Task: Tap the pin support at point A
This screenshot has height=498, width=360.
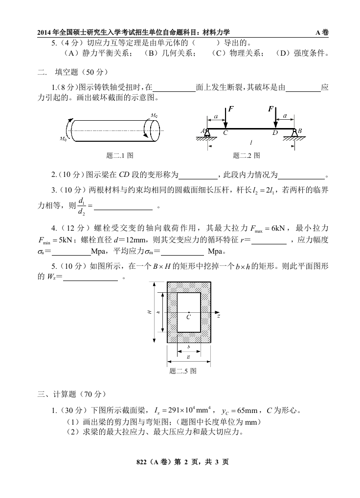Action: [207, 133]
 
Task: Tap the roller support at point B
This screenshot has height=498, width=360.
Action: [294, 133]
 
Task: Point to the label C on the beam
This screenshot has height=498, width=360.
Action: [225, 133]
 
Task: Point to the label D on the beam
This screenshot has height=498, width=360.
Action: [274, 133]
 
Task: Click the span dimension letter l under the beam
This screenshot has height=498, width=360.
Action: [250, 142]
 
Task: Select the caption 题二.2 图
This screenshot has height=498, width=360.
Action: [247, 155]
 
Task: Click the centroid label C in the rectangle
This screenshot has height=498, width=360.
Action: [188, 317]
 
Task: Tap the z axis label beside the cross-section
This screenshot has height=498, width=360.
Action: [219, 316]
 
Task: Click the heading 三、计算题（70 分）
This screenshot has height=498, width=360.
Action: [71, 393]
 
